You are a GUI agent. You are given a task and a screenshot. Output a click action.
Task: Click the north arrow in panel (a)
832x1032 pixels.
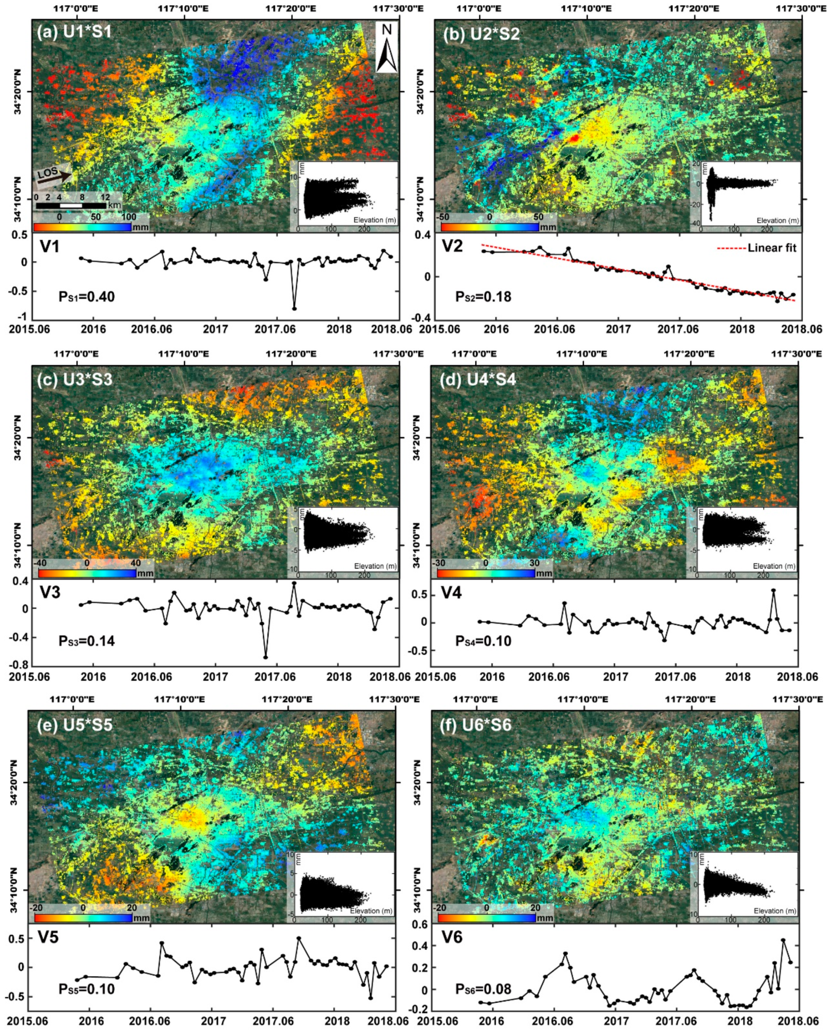387,48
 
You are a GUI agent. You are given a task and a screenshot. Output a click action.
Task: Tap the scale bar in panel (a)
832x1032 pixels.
71,205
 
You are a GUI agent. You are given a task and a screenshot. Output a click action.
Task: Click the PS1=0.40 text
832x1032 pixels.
86,297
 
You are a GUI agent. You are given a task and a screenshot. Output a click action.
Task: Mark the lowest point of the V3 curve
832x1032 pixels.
266,658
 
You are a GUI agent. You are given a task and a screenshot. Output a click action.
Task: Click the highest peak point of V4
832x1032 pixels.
773,591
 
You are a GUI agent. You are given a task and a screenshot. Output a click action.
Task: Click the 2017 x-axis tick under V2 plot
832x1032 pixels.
618,330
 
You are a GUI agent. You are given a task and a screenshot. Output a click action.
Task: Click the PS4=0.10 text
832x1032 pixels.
483,641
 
